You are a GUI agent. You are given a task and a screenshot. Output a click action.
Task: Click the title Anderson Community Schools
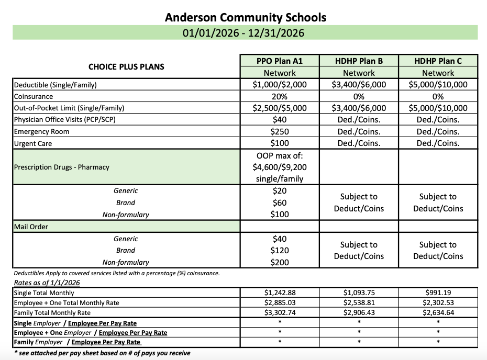[245, 17]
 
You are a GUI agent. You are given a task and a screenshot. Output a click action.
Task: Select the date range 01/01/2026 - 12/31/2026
[244, 33]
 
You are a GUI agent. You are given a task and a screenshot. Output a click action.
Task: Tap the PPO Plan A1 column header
[280, 61]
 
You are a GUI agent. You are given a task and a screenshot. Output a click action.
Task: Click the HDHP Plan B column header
[359, 61]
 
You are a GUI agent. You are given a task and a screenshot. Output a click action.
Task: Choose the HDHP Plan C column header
[438, 61]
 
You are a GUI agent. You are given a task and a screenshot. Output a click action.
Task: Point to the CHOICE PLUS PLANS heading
[126, 66]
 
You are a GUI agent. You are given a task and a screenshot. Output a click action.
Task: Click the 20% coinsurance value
[280, 96]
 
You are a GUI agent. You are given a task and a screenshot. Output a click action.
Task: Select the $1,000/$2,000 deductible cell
[280, 85]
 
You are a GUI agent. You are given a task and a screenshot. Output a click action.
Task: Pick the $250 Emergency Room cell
[280, 131]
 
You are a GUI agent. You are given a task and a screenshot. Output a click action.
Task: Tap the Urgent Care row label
[33, 143]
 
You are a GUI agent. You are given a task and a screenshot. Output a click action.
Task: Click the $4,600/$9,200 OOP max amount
[280, 167]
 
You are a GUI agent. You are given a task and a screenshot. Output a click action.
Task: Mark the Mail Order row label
[31, 227]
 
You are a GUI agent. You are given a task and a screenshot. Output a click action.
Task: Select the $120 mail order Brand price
[280, 251]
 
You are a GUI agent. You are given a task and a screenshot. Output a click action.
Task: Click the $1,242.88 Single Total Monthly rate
[280, 293]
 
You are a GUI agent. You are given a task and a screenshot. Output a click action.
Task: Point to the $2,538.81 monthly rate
[359, 302]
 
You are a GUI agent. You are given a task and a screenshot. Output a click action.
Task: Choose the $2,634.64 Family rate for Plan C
[438, 312]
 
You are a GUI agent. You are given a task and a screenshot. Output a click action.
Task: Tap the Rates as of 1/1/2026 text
[47, 283]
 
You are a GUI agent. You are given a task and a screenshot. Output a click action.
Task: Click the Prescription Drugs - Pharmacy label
[61, 167]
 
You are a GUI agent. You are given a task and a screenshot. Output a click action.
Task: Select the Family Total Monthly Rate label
[56, 312]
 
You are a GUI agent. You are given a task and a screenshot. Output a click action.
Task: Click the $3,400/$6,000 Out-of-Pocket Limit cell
[359, 108]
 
